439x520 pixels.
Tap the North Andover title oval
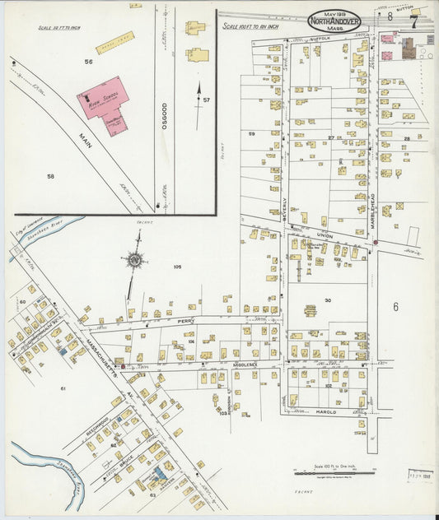coord(334,21)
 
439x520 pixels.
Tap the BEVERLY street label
coord(285,206)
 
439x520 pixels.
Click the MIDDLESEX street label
coord(245,364)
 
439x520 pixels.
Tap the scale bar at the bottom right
coord(334,472)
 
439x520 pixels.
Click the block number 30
coord(327,300)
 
